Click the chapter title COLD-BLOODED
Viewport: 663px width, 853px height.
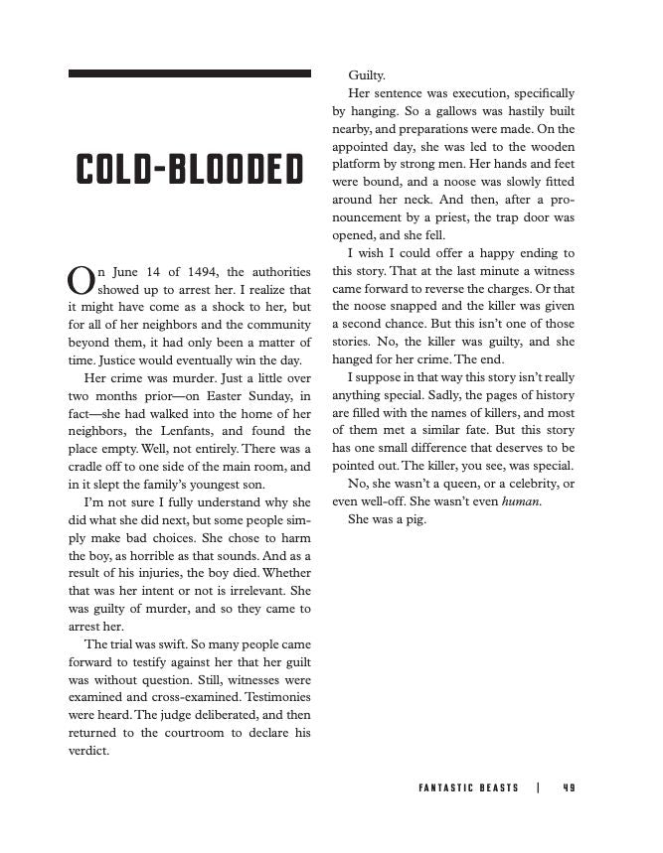(189, 170)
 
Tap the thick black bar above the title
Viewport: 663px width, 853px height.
(189, 73)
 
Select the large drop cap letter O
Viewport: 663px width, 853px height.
(79, 279)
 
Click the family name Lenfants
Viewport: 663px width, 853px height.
(217, 431)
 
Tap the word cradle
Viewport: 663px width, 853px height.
(89, 467)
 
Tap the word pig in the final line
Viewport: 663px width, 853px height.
(414, 519)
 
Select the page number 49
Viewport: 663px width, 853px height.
(568, 787)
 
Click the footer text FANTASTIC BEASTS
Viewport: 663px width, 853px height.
(468, 787)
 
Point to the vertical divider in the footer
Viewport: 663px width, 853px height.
(538, 787)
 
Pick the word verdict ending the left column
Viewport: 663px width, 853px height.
(88, 751)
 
